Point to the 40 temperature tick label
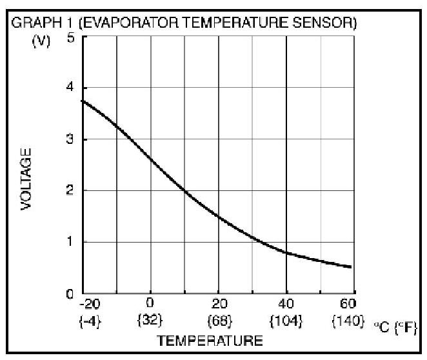[x=286, y=303]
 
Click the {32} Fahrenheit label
[x=150, y=319]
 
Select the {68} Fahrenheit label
[x=218, y=319]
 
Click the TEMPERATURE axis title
[x=210, y=339]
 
